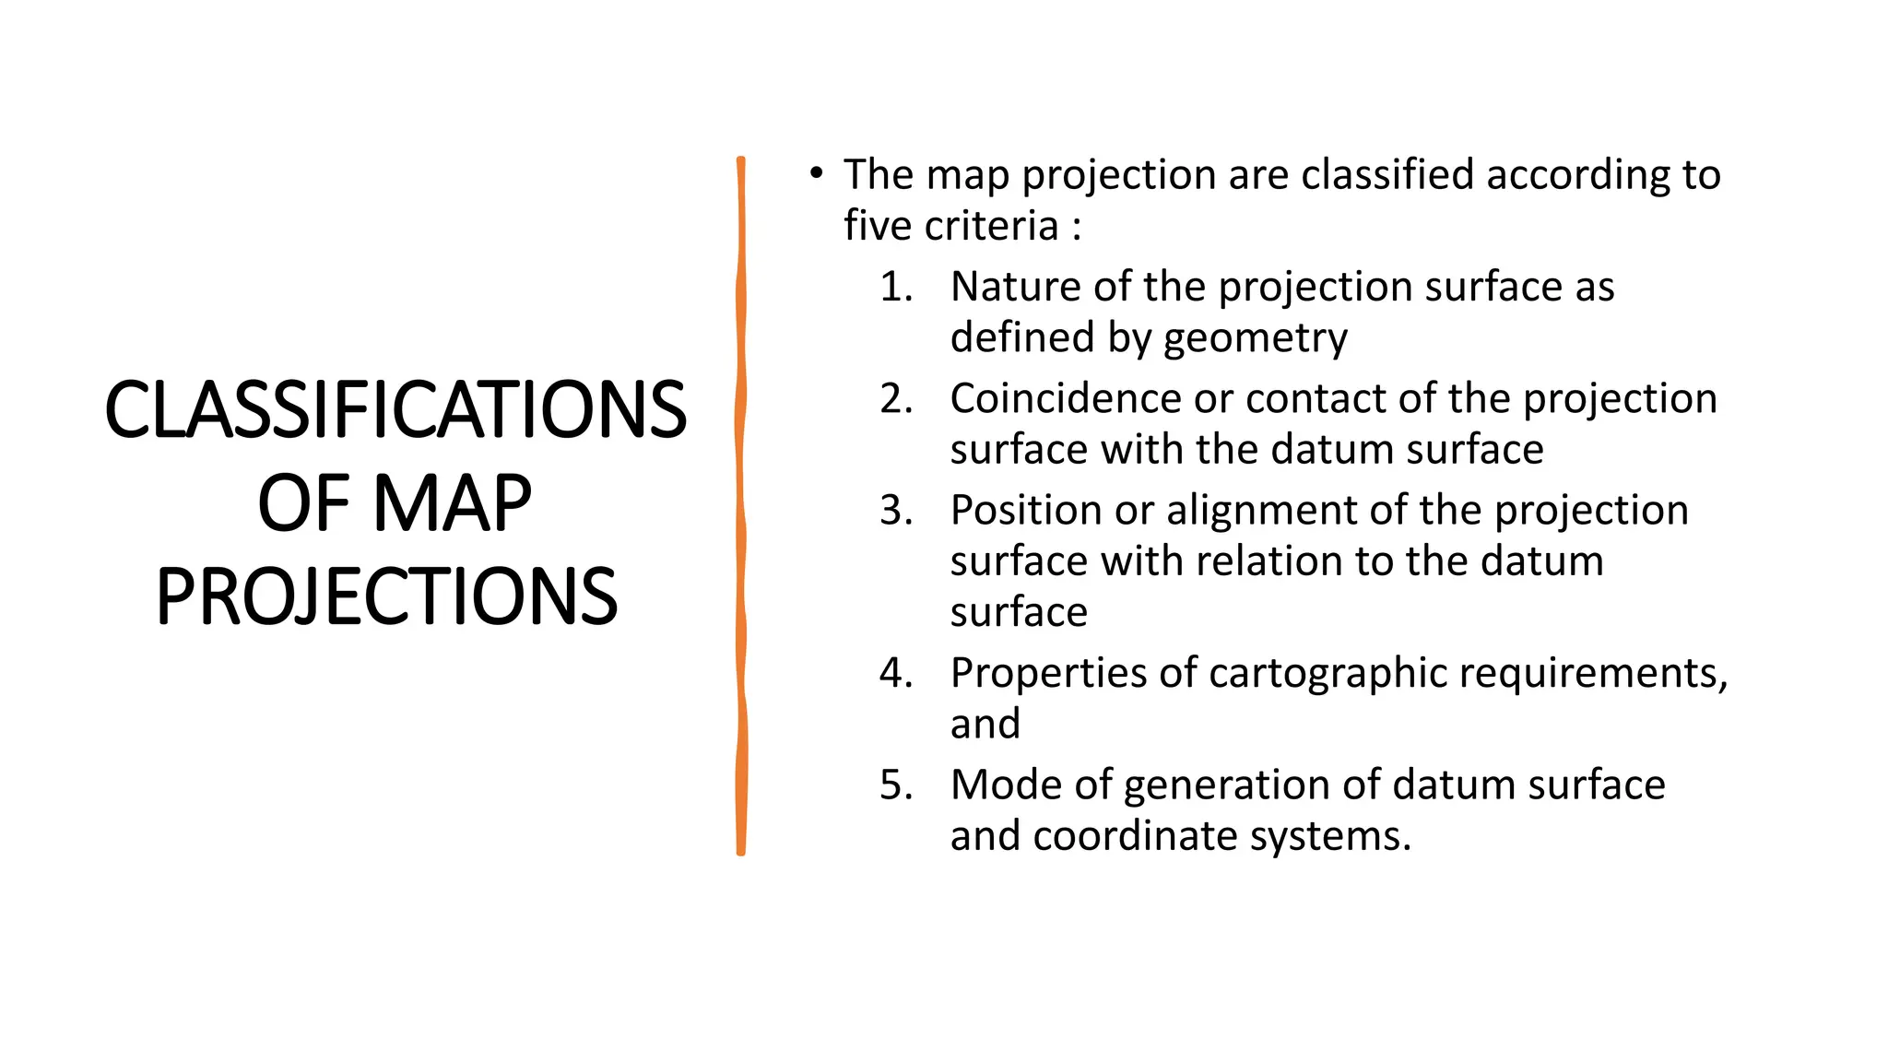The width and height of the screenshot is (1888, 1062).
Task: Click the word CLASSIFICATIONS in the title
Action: [x=395, y=409]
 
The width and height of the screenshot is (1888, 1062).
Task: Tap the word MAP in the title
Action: [x=453, y=503]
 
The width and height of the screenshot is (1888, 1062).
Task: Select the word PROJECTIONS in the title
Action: [x=386, y=596]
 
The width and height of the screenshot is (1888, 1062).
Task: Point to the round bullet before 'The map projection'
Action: [x=815, y=172]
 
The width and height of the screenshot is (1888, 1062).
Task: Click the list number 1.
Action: [x=895, y=287]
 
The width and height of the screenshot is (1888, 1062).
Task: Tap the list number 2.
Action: [x=895, y=398]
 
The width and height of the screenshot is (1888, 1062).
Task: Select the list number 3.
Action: [x=895, y=510]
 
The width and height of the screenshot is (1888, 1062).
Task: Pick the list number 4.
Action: [x=895, y=673]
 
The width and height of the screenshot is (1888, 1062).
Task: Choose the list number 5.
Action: [x=895, y=785]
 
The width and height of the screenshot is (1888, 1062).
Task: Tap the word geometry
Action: [x=1255, y=338]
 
